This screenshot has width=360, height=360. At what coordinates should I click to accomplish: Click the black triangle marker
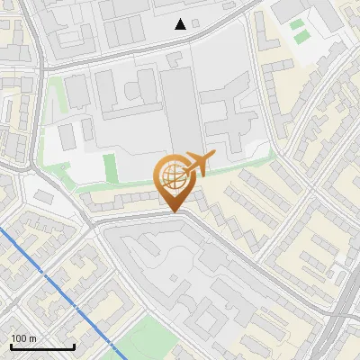pyautogui.click(x=181, y=24)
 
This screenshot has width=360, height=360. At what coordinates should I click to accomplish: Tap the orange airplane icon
pyautogui.click(x=199, y=165)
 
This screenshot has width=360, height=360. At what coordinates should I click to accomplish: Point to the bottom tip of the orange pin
pyautogui.click(x=174, y=211)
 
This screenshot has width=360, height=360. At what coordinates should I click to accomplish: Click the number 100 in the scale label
pyautogui.click(x=19, y=338)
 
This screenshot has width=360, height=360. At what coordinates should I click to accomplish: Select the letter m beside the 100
pyautogui.click(x=32, y=338)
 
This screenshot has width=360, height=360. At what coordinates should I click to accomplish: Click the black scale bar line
pyautogui.click(x=42, y=346)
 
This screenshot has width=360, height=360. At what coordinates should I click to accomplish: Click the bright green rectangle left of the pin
pyautogui.click(x=110, y=167)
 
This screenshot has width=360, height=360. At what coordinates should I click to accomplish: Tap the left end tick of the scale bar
pyautogui.click(x=11, y=346)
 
